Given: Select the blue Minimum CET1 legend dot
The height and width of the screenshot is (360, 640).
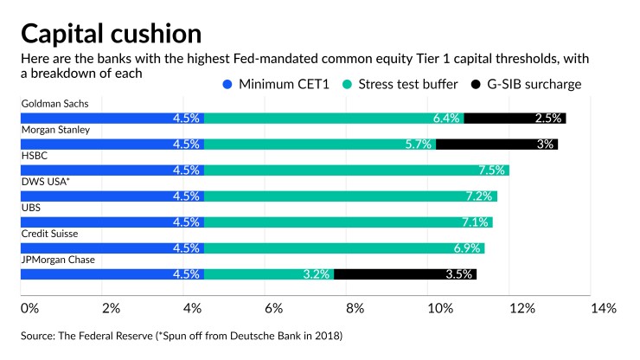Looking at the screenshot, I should tap(227, 85).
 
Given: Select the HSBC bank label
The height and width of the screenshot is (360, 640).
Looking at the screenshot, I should tap(34, 156).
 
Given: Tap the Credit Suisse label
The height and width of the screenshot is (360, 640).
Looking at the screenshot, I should tap(49, 234).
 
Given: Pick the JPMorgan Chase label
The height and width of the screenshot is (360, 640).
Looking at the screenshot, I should tap(58, 260).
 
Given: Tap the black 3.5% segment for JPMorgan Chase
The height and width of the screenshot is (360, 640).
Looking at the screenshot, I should tap(405, 274).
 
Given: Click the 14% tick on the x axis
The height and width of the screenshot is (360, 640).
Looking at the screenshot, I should tap(603, 308).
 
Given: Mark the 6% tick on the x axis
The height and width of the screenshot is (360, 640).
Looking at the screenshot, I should tap(273, 308).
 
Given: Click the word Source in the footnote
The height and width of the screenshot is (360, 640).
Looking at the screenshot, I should tap(39, 334).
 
